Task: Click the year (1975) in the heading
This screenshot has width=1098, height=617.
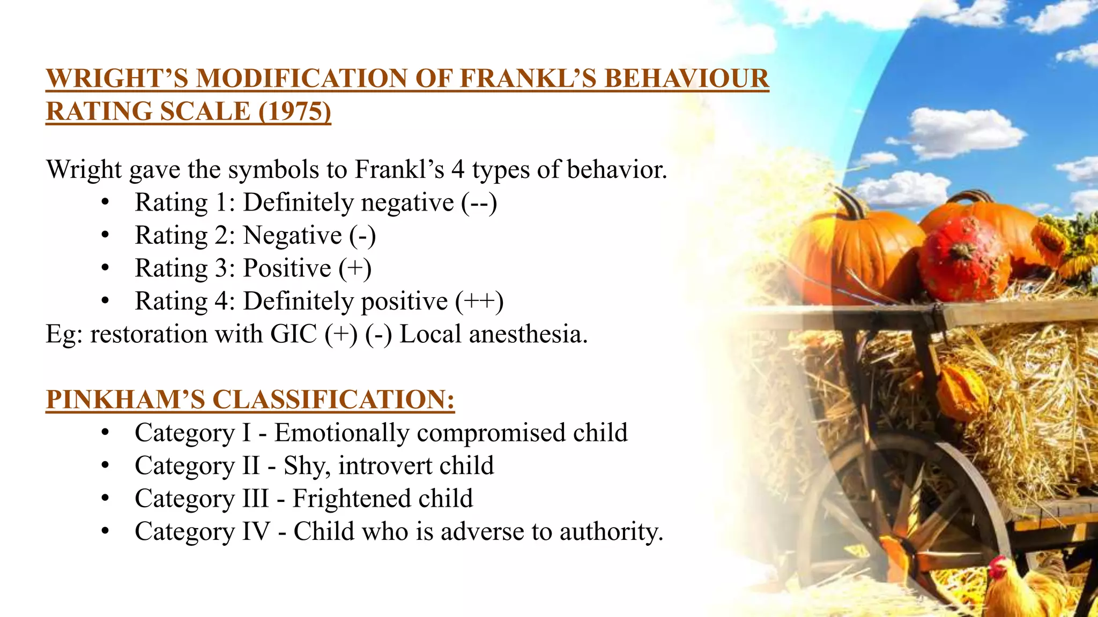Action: pos(294,111)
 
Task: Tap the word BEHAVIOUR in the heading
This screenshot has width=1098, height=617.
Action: pos(687,79)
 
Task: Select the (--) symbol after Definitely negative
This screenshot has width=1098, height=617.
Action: pos(479,202)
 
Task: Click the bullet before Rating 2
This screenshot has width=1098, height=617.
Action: pos(105,236)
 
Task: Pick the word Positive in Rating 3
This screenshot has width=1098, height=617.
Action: pos(287,268)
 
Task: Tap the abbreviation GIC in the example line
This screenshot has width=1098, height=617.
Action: pos(294,334)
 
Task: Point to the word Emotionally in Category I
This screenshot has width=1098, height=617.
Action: pos(342,433)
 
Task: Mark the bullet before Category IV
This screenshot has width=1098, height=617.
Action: pos(105,532)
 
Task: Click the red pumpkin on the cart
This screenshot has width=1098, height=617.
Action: pos(965,260)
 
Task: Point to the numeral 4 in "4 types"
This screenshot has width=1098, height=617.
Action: pos(457,170)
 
